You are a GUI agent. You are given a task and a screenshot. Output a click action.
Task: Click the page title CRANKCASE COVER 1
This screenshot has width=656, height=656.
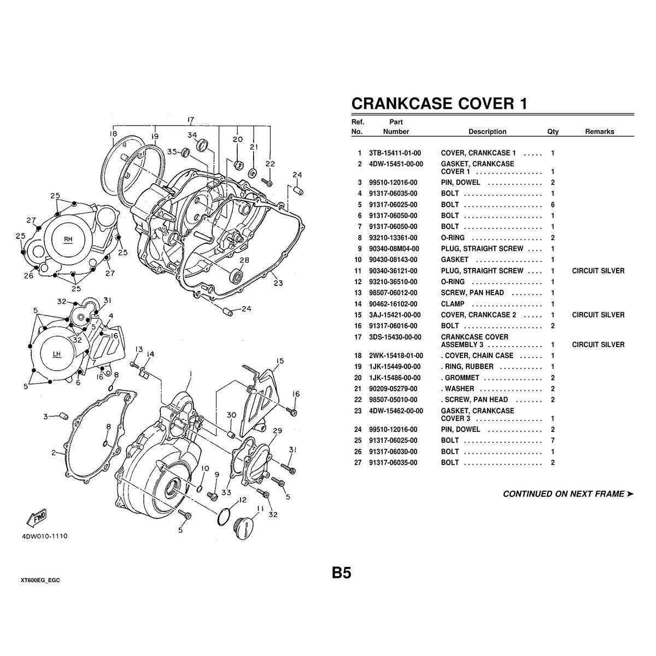[x=438, y=103]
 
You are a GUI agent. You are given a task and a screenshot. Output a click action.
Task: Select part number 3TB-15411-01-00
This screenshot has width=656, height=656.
[x=396, y=154]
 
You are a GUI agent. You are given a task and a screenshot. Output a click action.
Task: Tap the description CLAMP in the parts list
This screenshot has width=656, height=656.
[x=453, y=304]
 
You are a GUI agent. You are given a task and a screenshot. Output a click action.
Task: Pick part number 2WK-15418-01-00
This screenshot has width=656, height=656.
[x=396, y=356]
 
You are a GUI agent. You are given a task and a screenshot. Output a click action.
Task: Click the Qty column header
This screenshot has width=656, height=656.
[x=553, y=132]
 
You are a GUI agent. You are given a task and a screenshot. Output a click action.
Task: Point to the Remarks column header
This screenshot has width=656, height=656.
[x=599, y=132]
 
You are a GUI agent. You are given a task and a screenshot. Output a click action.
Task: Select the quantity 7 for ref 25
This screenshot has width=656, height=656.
[x=553, y=441]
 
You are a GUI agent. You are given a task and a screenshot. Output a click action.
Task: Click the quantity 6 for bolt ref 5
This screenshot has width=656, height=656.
[x=553, y=205]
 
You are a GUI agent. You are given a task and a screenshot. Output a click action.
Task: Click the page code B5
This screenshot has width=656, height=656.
[x=341, y=573]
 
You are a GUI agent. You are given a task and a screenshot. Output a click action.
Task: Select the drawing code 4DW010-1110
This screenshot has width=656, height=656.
[x=45, y=537]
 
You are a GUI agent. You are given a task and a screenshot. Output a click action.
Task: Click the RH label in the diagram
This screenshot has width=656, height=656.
[x=68, y=239]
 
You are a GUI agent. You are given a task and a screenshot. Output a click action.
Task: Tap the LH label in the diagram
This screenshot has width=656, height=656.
[x=57, y=354]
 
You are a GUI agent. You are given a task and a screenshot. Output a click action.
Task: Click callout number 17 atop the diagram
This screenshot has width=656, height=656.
[x=191, y=120]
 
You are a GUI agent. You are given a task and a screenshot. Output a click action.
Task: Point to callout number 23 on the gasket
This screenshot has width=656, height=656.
[x=278, y=283]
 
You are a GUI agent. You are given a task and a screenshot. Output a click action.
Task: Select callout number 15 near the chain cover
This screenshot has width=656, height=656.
[x=280, y=361]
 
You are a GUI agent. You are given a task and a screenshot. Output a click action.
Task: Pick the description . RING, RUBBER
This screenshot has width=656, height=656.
[x=467, y=367]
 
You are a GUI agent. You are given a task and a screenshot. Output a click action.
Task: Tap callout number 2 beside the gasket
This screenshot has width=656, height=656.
[x=54, y=452]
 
